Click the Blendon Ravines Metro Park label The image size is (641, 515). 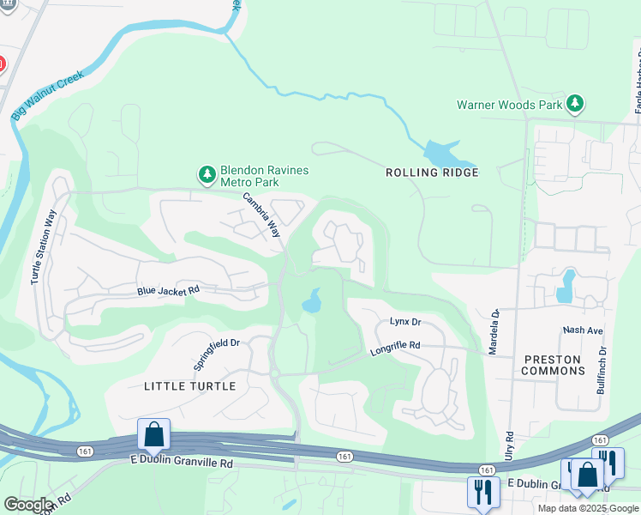(x=264, y=176)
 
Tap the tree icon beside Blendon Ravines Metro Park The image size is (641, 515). (x=207, y=175)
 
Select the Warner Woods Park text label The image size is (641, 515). (x=509, y=106)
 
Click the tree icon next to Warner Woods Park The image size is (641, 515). (x=575, y=105)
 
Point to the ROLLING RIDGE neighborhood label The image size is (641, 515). (x=432, y=173)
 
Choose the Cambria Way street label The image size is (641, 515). (x=261, y=215)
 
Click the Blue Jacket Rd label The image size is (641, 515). (x=168, y=291)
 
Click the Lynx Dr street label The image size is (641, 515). (x=405, y=322)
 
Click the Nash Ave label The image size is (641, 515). (x=584, y=330)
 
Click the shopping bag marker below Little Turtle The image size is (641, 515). (x=153, y=434)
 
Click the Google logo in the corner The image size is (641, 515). (x=28, y=505)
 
